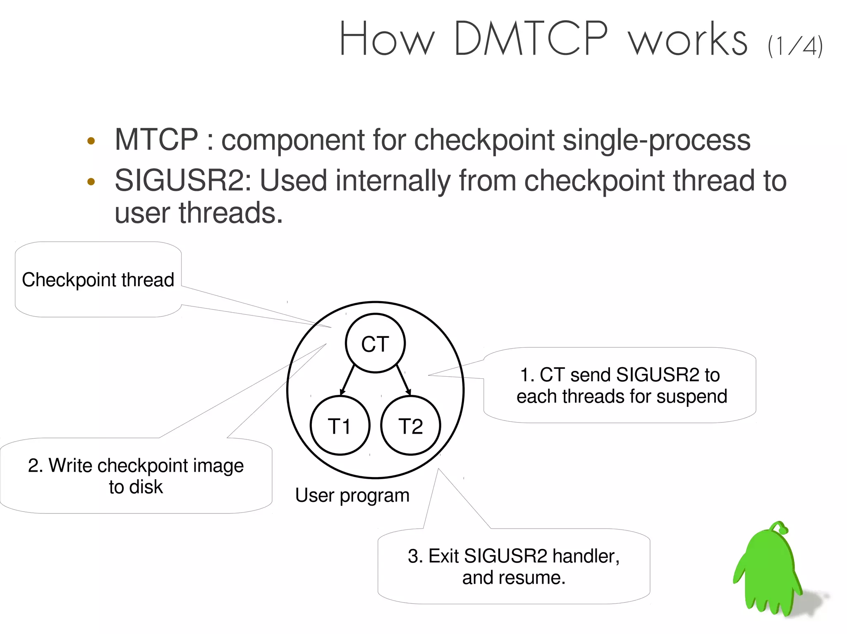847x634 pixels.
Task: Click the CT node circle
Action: coord(375,344)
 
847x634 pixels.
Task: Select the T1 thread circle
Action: coord(340,426)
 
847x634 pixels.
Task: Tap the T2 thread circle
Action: coord(410,426)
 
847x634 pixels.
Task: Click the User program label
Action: coord(352,495)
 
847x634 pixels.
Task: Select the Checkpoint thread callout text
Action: coord(98,280)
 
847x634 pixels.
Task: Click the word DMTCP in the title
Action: coord(531,39)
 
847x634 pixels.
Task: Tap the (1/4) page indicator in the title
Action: coord(795,46)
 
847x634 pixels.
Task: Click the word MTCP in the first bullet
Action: coord(156,140)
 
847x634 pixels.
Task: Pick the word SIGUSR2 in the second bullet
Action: coord(182,181)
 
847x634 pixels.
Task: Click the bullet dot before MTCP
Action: coord(91,141)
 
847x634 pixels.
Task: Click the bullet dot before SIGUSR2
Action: coord(91,182)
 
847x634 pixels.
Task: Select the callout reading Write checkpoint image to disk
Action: coord(136,476)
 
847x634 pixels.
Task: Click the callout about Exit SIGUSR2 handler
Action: coord(513,566)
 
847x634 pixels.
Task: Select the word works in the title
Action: coord(687,40)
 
